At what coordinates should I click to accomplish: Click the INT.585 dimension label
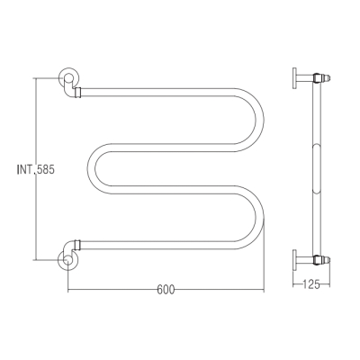pos(36,170)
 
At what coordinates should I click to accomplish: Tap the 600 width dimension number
pos(166,290)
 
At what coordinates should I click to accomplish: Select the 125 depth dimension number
pos(311,283)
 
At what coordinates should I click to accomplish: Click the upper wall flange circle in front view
pos(68,76)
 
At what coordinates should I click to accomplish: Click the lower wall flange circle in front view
pos(68,260)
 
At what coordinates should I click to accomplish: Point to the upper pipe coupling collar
pos(78,93)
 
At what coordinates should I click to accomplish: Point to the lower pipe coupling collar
pos(77,245)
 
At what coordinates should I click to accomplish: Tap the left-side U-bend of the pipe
pos(92,168)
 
